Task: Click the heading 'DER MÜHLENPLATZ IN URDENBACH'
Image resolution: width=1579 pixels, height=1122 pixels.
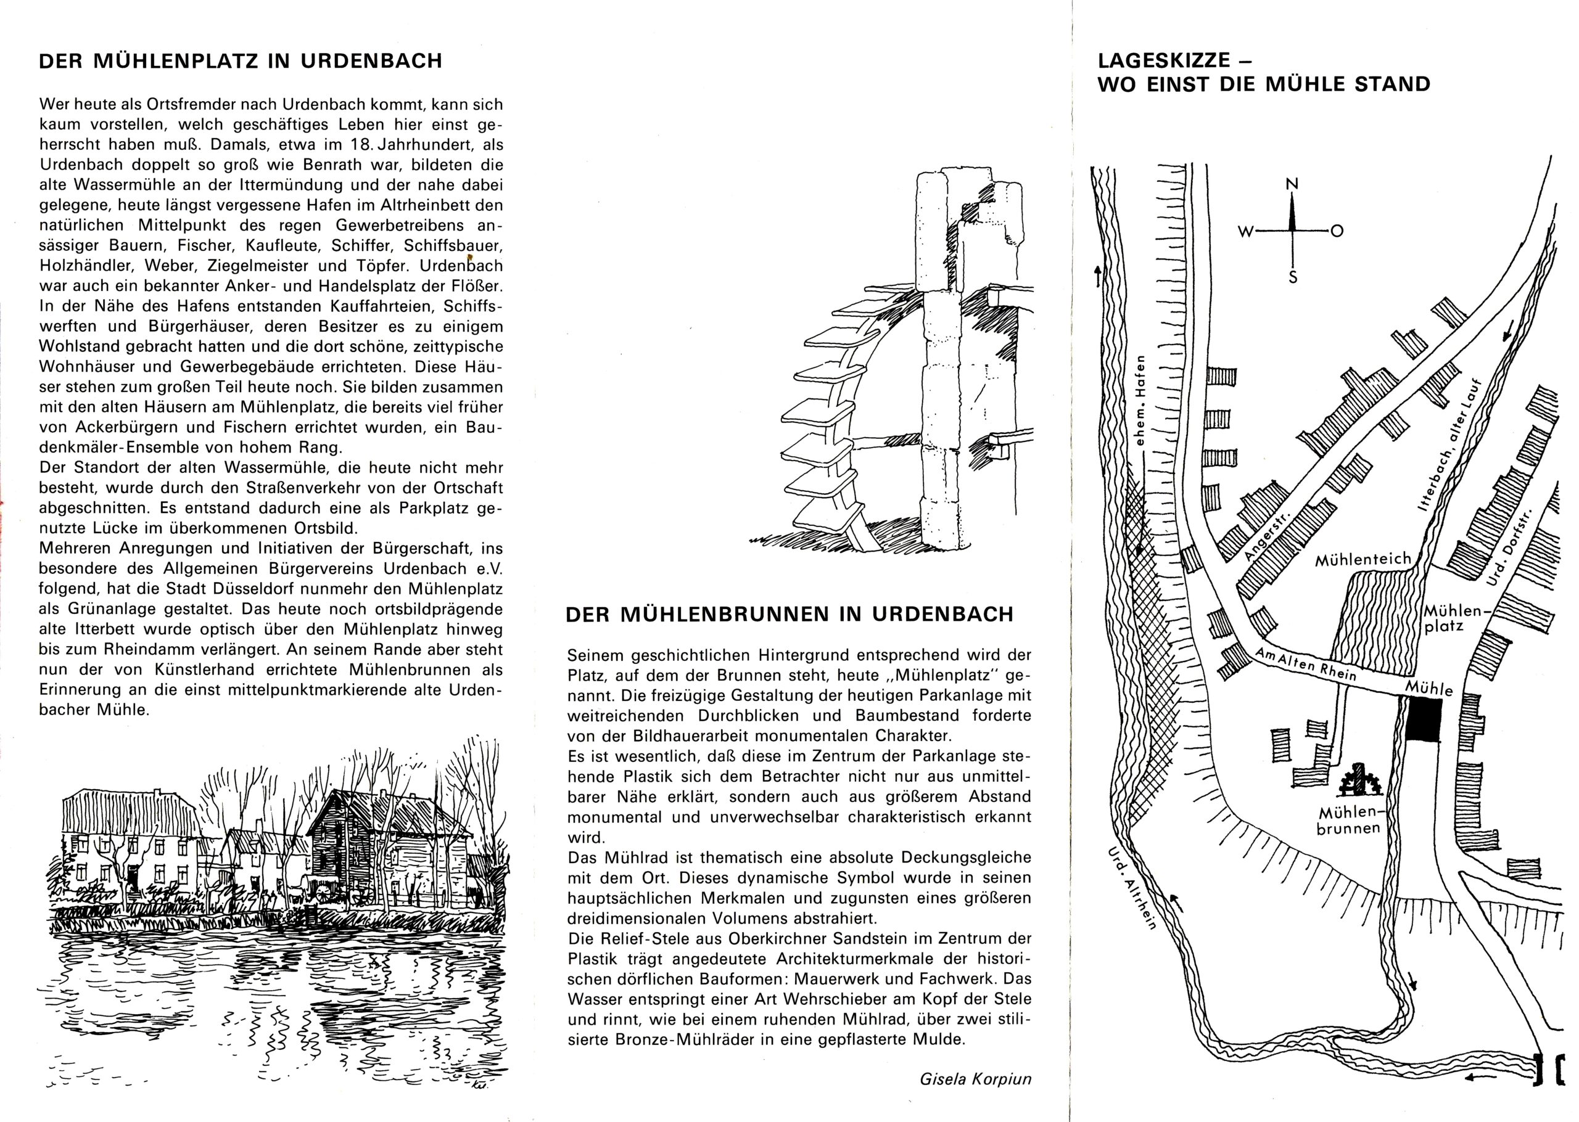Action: [x=241, y=62]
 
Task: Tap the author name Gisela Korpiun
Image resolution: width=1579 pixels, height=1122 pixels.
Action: [x=975, y=1078]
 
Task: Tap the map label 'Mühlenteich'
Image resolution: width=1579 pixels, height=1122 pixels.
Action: [x=1363, y=560]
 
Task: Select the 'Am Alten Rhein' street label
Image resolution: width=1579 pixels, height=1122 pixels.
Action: [x=1305, y=664]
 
